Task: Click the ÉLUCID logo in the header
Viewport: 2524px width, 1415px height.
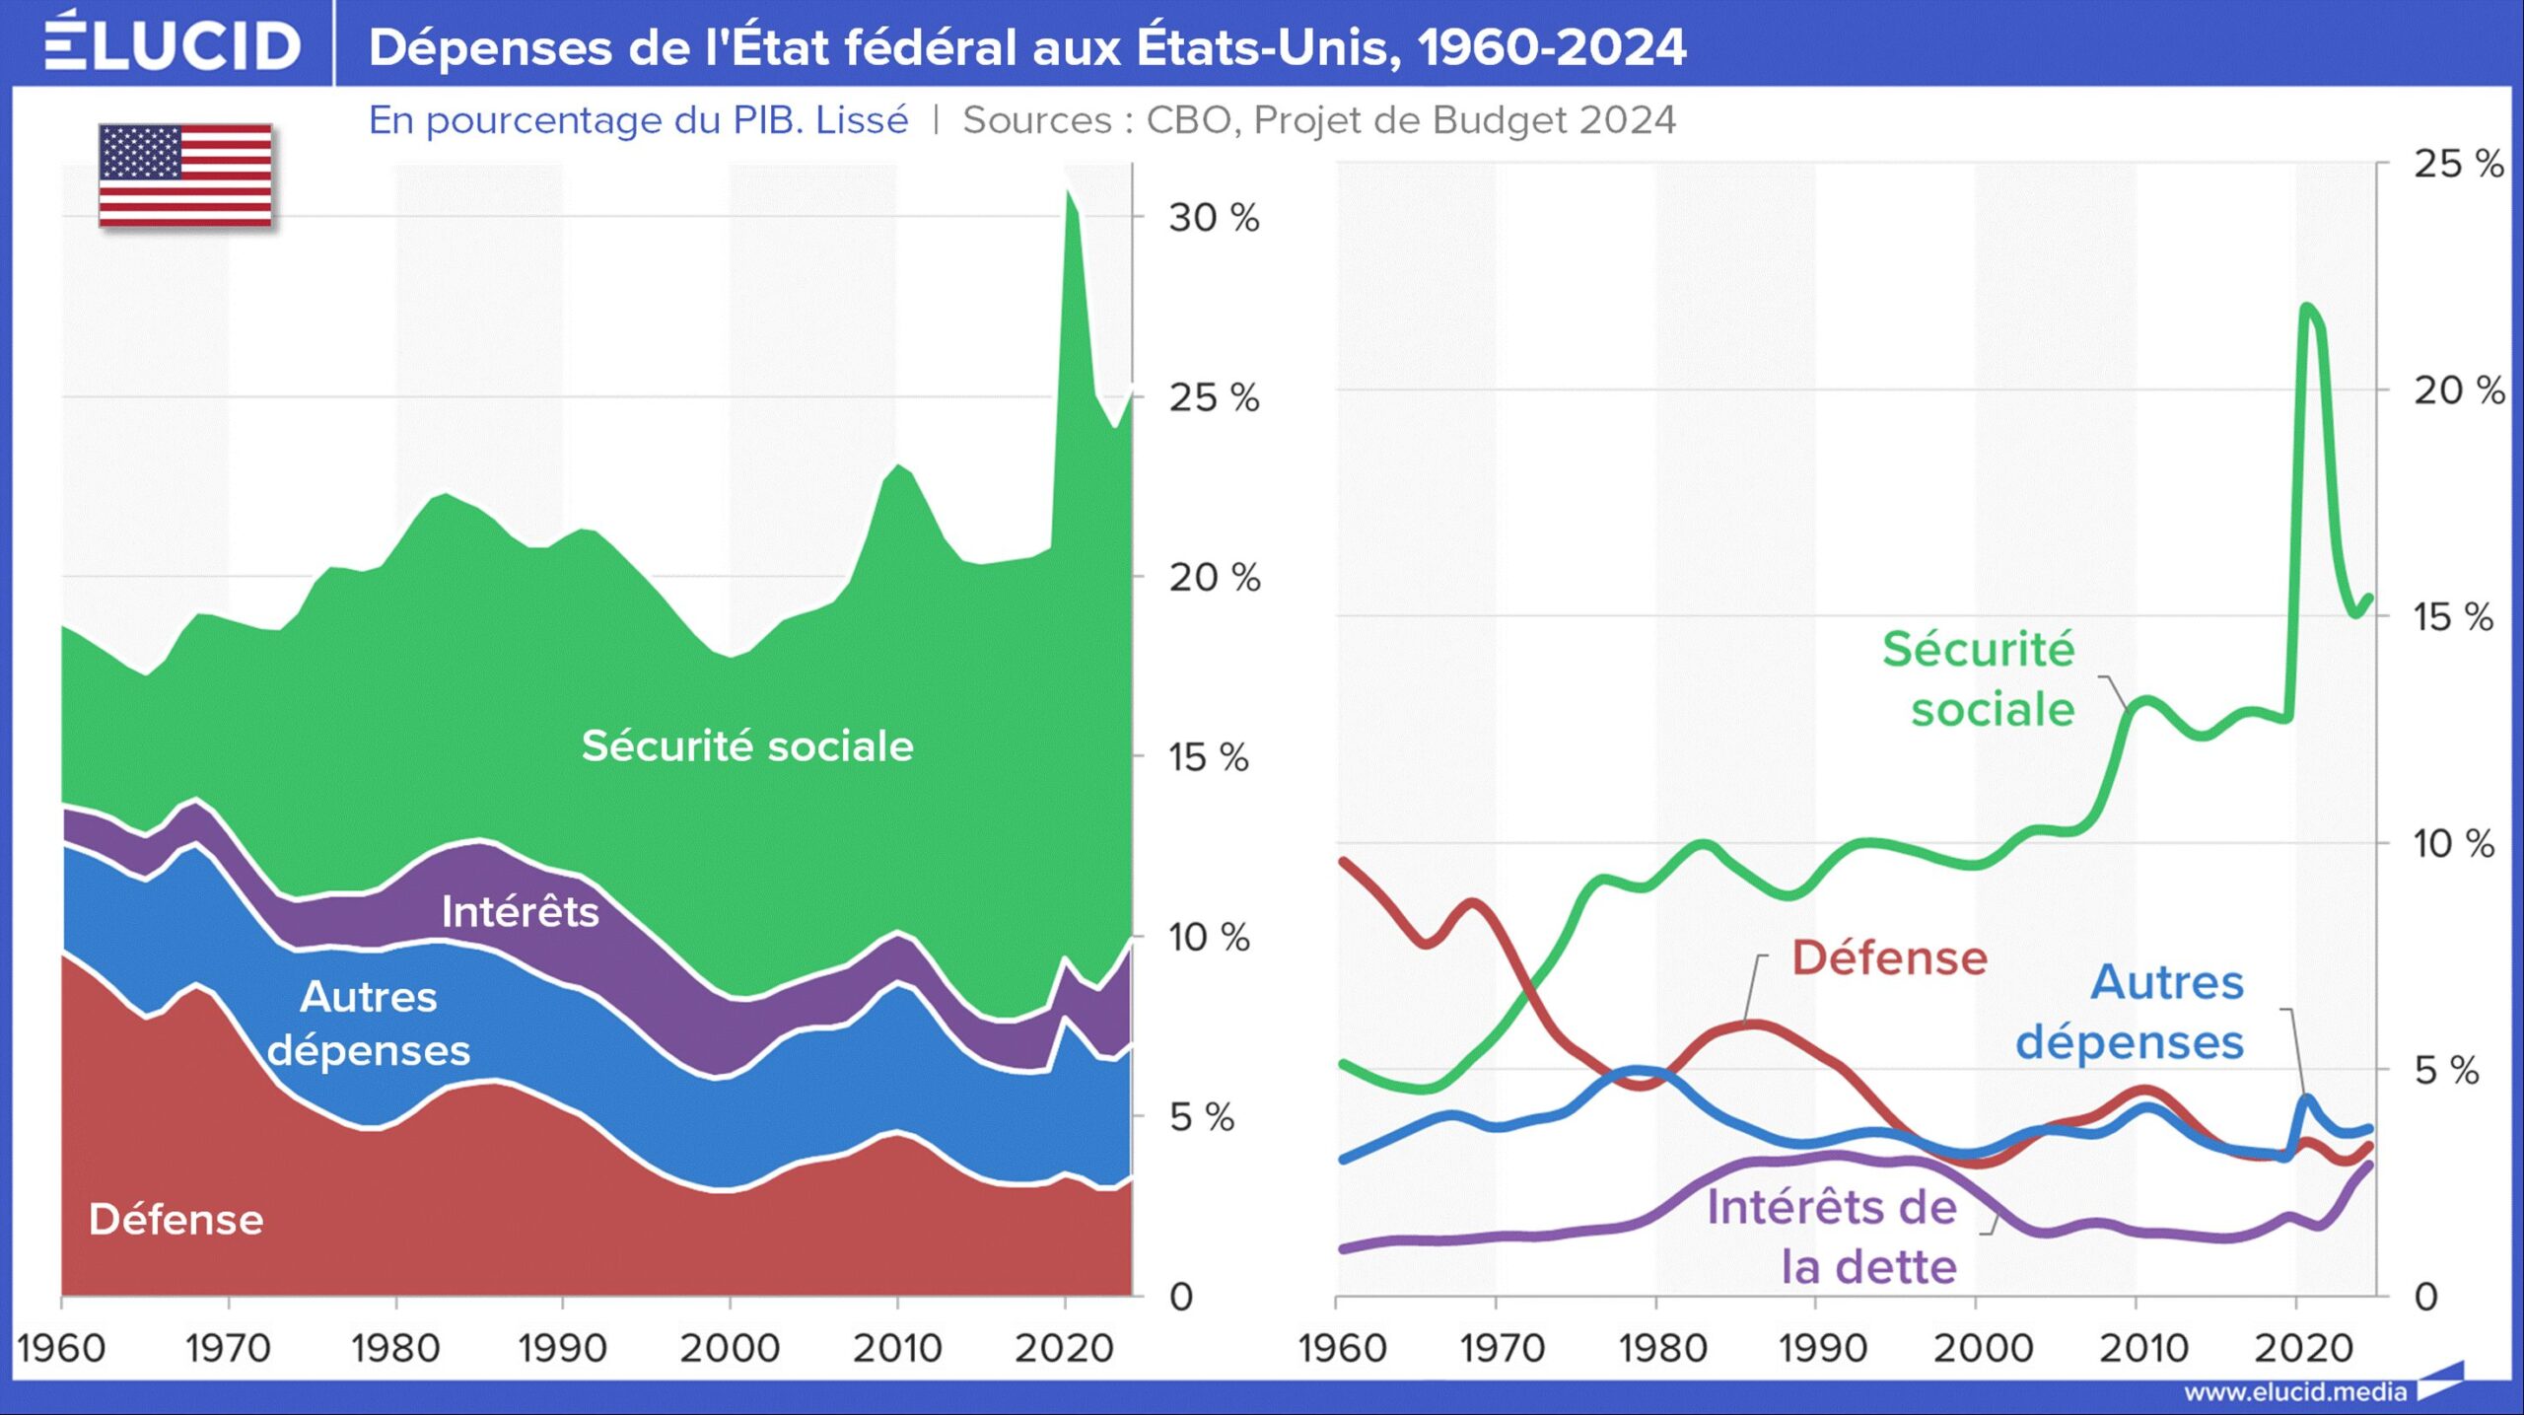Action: [172, 44]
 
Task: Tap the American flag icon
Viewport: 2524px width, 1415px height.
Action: [185, 176]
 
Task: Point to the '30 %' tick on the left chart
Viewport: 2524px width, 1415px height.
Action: [1214, 218]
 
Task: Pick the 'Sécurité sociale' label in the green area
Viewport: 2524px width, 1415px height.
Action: [747, 746]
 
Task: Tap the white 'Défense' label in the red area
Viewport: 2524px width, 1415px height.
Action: [176, 1220]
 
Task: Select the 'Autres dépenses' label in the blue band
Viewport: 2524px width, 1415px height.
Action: [369, 1024]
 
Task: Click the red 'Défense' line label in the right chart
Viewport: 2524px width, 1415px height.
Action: [1889, 958]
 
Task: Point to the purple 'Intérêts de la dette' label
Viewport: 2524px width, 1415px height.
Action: [1832, 1237]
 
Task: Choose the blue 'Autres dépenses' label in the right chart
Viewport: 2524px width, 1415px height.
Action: [2132, 1012]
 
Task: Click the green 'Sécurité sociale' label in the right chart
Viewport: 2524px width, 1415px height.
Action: [1980, 679]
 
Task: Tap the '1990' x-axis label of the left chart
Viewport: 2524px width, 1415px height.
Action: [562, 1348]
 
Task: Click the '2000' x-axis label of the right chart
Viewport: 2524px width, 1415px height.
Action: [1983, 1348]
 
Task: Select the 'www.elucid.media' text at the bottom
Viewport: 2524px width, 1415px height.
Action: [2295, 1392]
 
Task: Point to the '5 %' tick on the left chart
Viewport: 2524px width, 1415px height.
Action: [1201, 1117]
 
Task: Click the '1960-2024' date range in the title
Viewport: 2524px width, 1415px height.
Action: [1552, 47]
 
